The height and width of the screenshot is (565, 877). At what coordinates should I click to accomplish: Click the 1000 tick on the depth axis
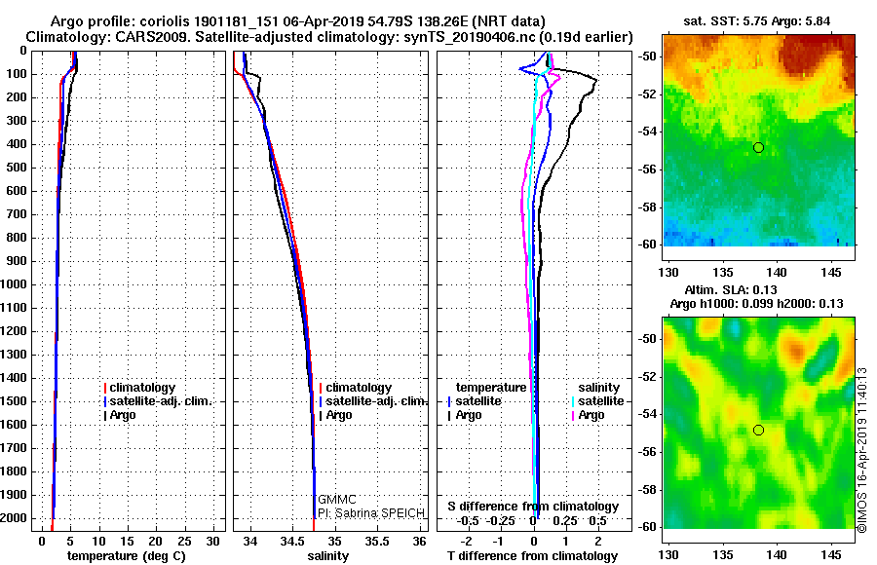tap(15, 284)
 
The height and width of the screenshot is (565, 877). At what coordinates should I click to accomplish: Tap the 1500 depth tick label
tap(15, 401)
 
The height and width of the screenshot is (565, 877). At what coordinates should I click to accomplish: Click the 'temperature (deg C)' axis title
tap(126, 555)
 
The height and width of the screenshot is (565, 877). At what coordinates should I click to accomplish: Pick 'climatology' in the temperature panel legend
tap(142, 388)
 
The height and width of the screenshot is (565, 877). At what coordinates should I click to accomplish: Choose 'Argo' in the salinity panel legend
tap(339, 415)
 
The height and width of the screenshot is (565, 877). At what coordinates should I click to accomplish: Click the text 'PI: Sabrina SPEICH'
tap(367, 512)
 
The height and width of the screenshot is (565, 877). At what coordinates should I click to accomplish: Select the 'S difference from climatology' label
tap(533, 507)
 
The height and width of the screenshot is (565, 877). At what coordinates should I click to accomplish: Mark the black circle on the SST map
tap(758, 147)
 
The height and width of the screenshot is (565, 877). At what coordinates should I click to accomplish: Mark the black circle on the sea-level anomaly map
tap(758, 430)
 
